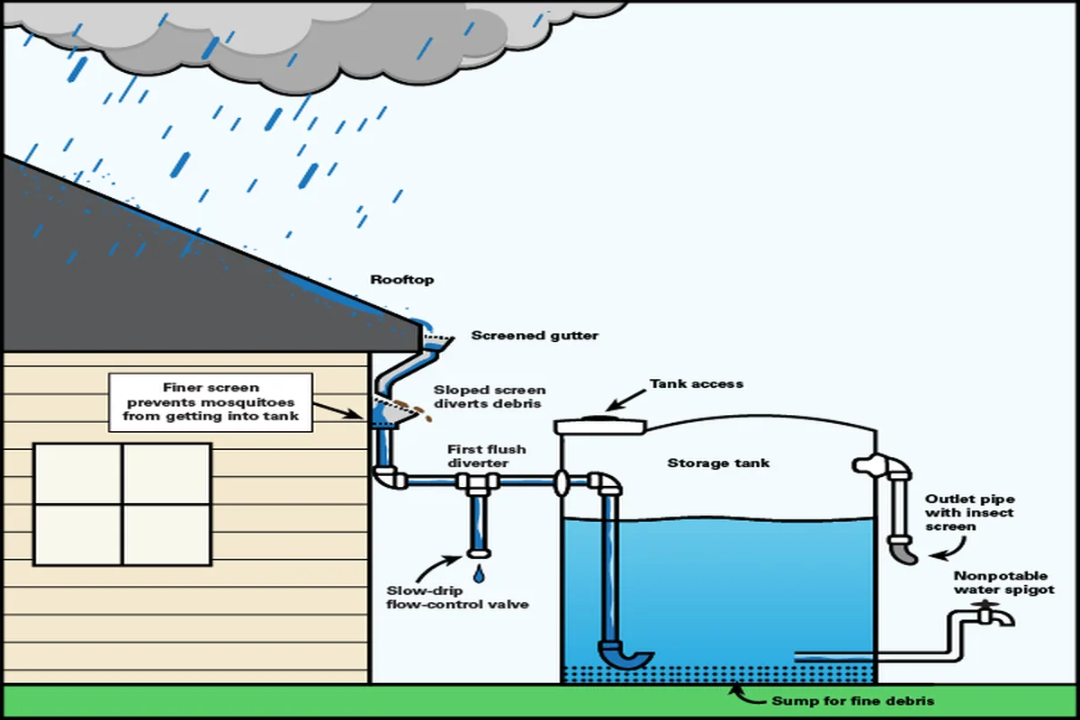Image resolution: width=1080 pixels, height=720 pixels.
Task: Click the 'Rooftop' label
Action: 402,280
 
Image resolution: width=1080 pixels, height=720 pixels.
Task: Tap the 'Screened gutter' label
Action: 535,336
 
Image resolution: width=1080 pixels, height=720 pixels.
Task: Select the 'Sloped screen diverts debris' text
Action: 489,397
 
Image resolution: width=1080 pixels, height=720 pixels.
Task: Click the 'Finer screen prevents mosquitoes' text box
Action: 211,401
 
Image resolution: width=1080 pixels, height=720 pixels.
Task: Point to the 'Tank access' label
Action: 697,383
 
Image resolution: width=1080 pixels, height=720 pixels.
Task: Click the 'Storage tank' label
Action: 718,463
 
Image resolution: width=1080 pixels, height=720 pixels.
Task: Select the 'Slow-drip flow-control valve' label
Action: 457,598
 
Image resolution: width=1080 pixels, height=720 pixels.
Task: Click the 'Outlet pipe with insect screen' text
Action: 968,512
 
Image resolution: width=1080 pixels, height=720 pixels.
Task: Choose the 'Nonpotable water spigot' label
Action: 1004,582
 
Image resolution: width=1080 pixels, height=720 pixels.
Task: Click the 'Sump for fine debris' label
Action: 852,700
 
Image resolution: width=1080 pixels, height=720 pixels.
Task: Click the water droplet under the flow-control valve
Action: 478,572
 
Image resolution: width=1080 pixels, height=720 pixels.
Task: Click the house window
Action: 122,504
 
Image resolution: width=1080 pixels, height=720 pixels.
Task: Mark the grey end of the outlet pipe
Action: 902,550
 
